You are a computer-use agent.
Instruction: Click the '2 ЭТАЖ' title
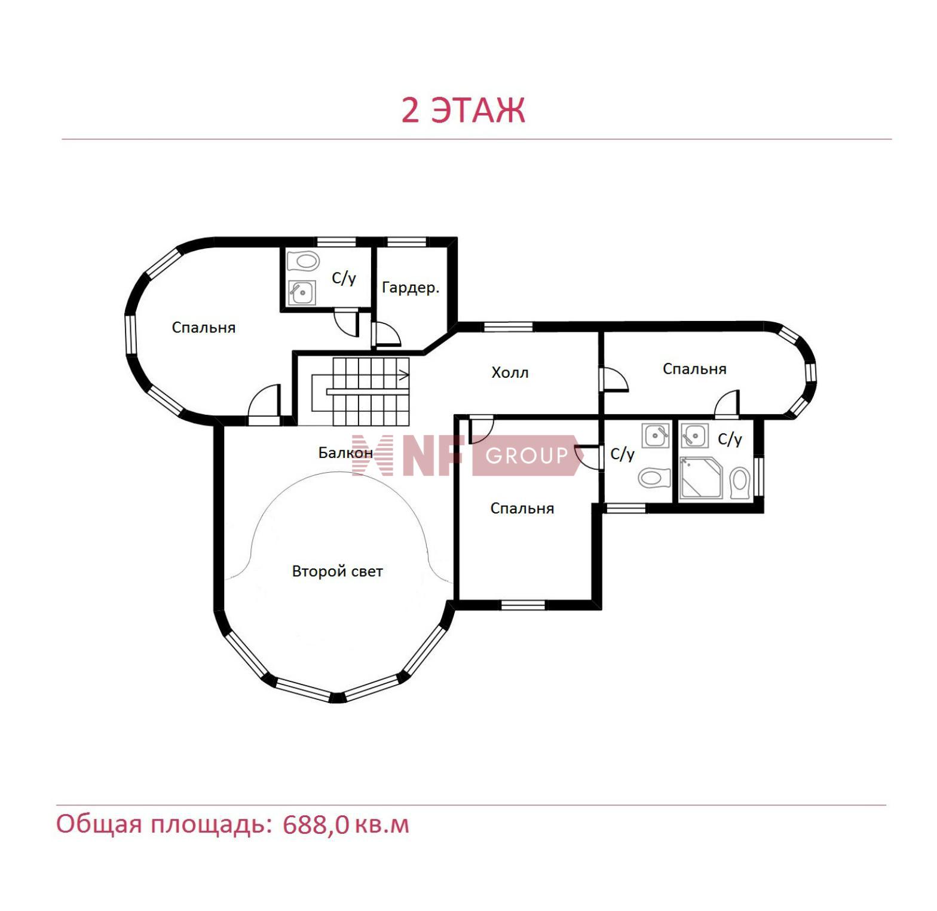coord(463,111)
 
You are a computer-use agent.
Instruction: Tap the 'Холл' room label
coord(510,373)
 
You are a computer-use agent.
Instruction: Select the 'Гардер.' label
coord(411,288)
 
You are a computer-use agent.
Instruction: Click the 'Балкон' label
coord(345,453)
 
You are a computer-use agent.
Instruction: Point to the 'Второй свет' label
coord(338,571)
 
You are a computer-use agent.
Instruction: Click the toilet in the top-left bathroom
coord(303,261)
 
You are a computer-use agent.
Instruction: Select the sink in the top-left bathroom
coord(302,292)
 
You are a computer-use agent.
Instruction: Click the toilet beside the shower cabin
coord(740,482)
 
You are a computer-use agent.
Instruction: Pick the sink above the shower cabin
coord(694,436)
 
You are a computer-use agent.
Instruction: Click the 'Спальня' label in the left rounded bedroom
coord(204,328)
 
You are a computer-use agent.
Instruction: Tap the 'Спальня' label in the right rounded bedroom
coord(694,369)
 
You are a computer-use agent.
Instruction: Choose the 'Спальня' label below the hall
coord(522,508)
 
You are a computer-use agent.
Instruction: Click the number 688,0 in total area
coord(316,826)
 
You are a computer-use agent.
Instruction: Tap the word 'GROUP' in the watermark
coord(526,456)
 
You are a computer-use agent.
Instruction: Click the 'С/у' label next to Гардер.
coord(344,278)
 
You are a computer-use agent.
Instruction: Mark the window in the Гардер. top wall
coord(407,241)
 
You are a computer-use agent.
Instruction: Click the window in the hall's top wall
coord(508,326)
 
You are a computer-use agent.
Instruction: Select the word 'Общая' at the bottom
coord(99,824)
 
